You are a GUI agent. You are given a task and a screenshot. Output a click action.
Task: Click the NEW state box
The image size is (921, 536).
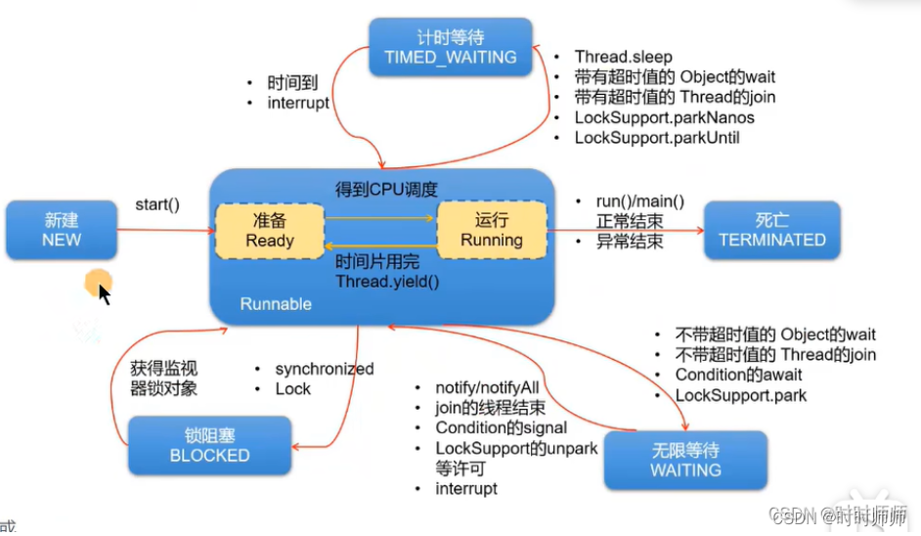pos(61,230)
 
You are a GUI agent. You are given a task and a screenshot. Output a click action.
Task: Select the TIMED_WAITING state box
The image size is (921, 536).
pos(450,47)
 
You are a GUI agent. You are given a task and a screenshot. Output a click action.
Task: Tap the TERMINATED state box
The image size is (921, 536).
pos(771,230)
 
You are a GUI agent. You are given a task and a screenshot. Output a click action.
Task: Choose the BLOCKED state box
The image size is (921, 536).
pos(209,445)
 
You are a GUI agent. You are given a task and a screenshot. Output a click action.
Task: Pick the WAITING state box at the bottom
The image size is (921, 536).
pos(685,460)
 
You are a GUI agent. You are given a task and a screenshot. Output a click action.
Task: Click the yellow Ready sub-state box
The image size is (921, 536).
pos(270,230)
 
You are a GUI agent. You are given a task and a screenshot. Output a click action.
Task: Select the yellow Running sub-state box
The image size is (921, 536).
pos(492,230)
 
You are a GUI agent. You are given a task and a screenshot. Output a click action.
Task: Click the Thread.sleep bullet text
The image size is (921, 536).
pos(623,57)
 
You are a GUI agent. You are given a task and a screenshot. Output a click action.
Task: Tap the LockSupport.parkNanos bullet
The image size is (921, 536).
pos(664,117)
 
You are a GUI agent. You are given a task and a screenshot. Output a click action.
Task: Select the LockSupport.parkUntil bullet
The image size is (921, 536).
pos(656,138)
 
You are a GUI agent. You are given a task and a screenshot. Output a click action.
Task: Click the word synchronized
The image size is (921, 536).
pos(324,369)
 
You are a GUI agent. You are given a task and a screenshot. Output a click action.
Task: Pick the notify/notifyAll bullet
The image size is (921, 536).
pos(487,388)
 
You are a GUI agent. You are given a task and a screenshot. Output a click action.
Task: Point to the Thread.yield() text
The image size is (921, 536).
pos(387,282)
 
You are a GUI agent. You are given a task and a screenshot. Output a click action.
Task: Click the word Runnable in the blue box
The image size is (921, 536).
pos(276,304)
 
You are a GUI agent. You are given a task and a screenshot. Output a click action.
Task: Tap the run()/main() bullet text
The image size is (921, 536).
pos(640,201)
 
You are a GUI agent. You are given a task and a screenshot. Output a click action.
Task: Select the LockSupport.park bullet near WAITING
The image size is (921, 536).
pos(740,396)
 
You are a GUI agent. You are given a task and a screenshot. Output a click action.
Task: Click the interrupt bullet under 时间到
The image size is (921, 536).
pos(298,103)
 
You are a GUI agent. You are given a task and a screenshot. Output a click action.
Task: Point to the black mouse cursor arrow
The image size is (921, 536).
pos(104,292)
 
